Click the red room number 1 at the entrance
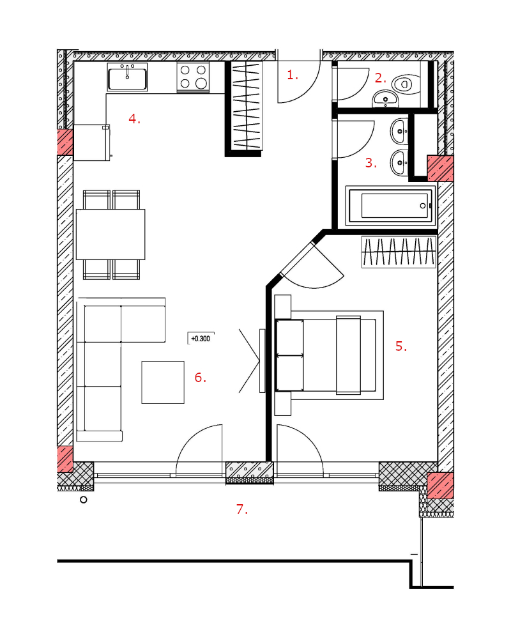[x=293, y=75]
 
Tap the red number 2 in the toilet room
[x=380, y=78]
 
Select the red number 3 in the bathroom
[x=370, y=163]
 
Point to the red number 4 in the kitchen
[x=134, y=119]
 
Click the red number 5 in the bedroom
[x=401, y=346]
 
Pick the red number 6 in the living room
[x=200, y=378]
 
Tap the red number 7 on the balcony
[x=242, y=509]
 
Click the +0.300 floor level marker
[x=201, y=339]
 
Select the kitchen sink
[x=127, y=77]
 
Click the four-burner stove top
[x=193, y=77]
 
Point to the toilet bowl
[x=406, y=84]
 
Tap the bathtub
[x=391, y=206]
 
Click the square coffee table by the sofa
[x=163, y=382]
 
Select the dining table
[x=111, y=235]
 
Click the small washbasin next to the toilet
[x=386, y=99]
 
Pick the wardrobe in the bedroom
[x=399, y=252]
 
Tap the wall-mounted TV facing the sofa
[x=262, y=361]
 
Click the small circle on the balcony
[x=84, y=500]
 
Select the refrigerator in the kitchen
[x=92, y=142]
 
